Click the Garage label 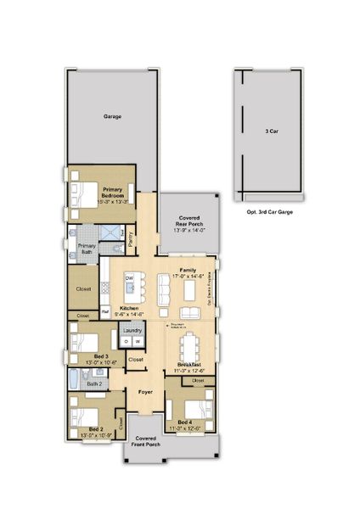tap(112, 116)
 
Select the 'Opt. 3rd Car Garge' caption tap(269, 211)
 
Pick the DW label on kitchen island tap(130, 279)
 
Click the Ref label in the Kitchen tap(105, 311)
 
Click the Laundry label tap(132, 329)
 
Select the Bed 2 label tap(95, 429)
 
